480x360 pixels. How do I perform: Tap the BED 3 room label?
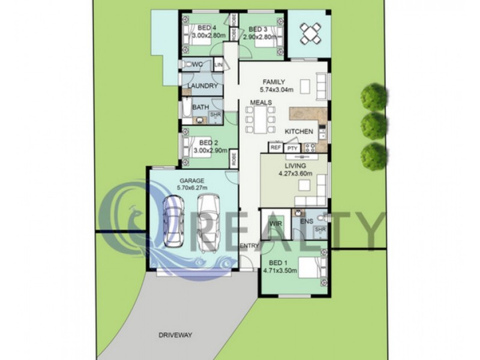pyautogui.click(x=257, y=29)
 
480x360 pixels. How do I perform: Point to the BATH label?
pyautogui.click(x=200, y=107)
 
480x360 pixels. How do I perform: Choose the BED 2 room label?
pyautogui.click(x=208, y=143)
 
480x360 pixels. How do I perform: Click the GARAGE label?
pyautogui.click(x=192, y=181)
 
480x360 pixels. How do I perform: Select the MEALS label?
pyautogui.click(x=262, y=103)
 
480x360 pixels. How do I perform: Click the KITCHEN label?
pyautogui.click(x=299, y=131)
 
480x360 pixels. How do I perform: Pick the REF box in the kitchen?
pyautogui.click(x=275, y=147)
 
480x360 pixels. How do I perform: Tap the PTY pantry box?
pyautogui.click(x=292, y=148)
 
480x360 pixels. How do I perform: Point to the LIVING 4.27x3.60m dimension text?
pyautogui.click(x=296, y=174)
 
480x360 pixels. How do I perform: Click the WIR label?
pyautogui.click(x=275, y=223)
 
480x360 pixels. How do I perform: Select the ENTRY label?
pyautogui.click(x=248, y=246)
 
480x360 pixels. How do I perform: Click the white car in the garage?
pyautogui.click(x=208, y=222)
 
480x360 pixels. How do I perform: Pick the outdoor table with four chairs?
pyautogui.click(x=310, y=33)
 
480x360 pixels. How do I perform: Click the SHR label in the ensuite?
pyautogui.click(x=320, y=230)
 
